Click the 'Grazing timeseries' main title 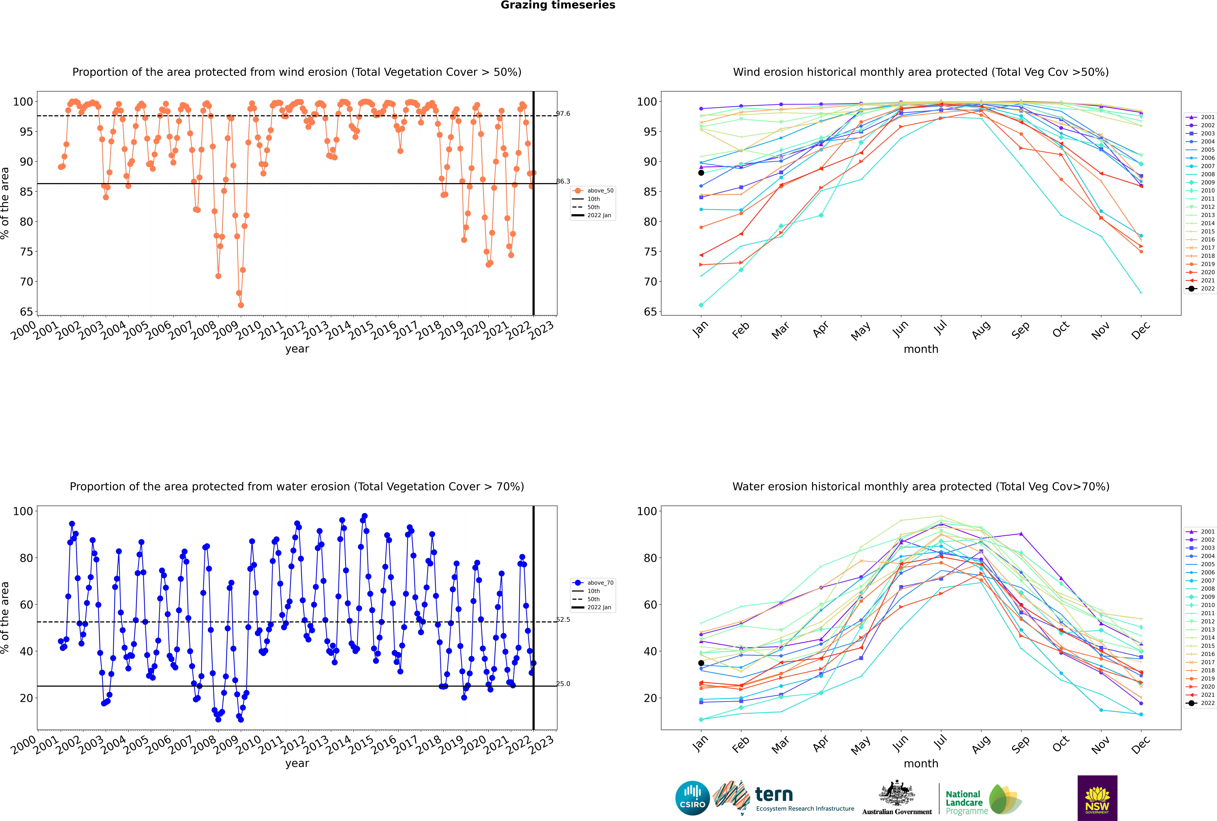558,5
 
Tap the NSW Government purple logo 1097,798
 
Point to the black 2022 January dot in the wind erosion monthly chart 701,173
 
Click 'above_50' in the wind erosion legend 600,191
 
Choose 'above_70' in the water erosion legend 600,583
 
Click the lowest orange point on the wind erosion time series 241,305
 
